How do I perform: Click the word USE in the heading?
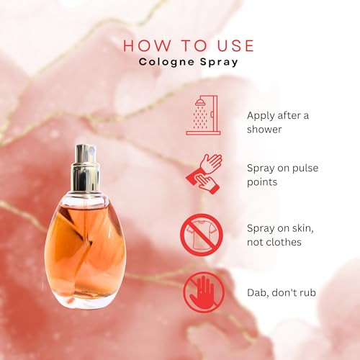point(235,45)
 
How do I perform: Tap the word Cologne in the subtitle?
point(166,62)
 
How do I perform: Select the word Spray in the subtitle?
point(219,62)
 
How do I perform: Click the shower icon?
point(203,115)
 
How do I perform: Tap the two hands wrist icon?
point(204,174)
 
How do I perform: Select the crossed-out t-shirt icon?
point(202,235)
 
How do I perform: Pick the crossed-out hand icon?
point(204,292)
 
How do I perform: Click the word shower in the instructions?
point(264,130)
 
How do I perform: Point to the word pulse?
point(305,168)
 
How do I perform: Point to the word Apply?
point(261,116)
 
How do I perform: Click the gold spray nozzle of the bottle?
point(86,167)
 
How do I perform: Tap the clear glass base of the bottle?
point(86,300)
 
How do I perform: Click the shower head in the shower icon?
point(201,103)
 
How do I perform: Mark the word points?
point(262,182)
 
